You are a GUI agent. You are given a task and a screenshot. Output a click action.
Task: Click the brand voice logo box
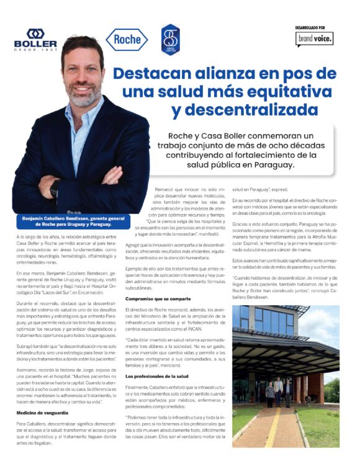(315, 38)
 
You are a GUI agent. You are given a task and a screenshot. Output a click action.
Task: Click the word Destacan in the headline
(158, 73)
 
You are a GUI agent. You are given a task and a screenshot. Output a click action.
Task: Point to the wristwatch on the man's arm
(55, 186)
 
